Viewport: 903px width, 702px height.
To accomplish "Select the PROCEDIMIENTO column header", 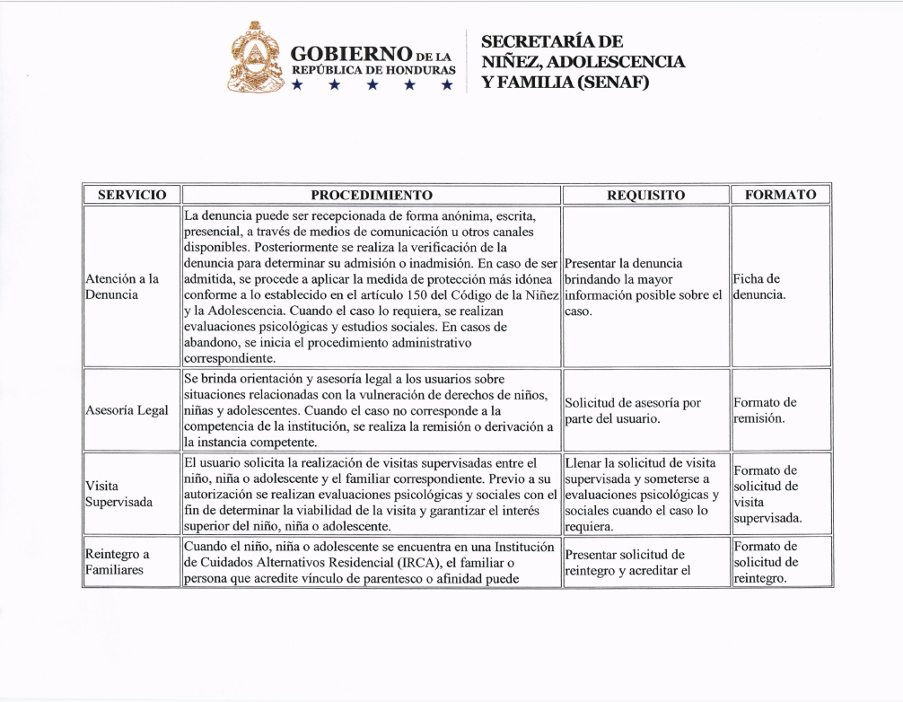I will click(371, 195).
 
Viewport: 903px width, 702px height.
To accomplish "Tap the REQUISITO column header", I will click(645, 195).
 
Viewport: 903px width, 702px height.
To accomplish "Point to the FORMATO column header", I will click(780, 194).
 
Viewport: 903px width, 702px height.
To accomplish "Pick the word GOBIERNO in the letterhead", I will click(351, 53).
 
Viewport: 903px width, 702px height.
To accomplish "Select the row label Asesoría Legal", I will click(127, 410).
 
